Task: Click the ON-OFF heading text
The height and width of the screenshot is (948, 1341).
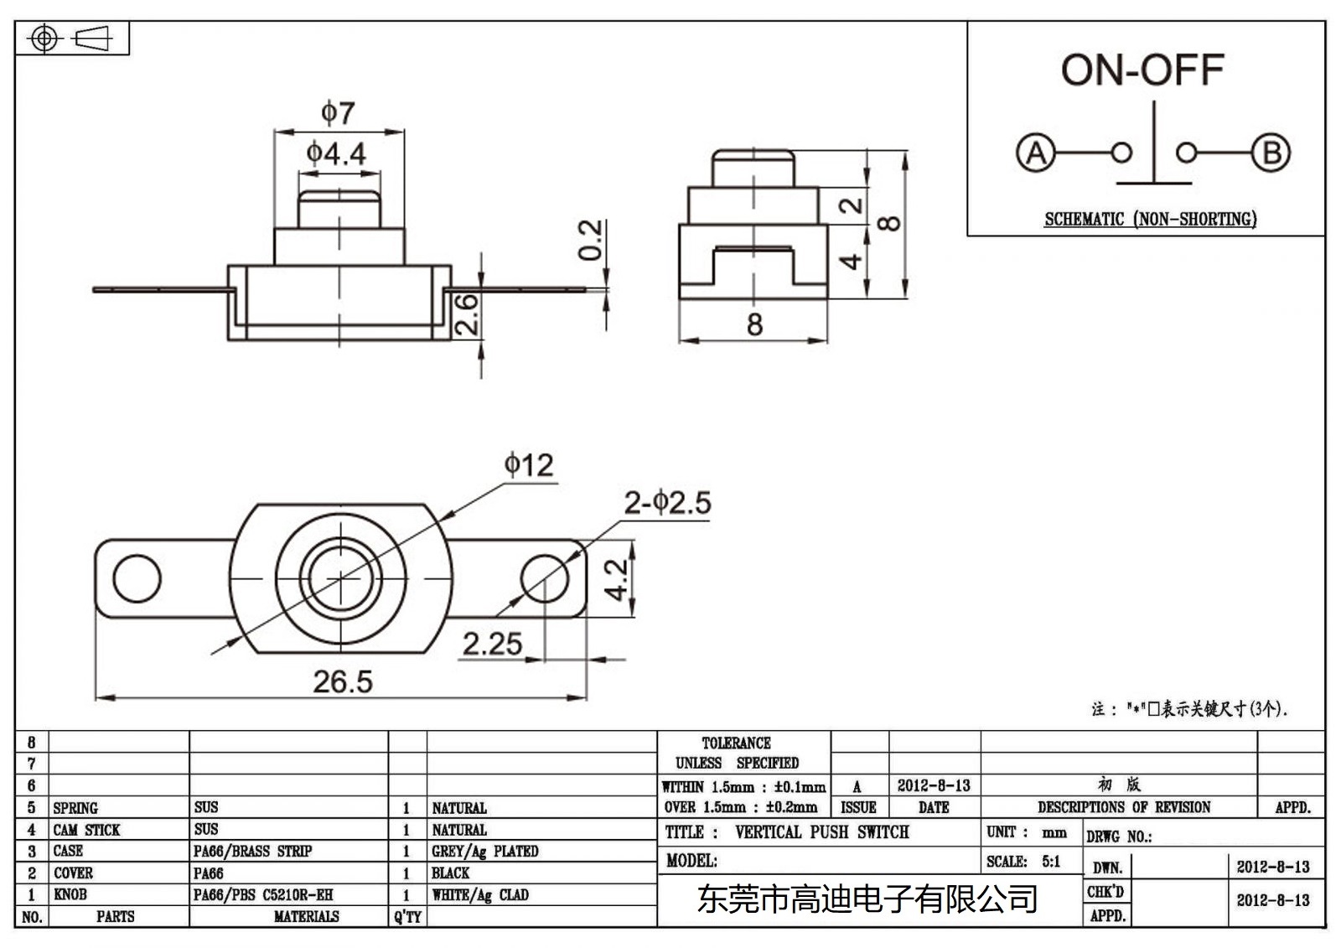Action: (1142, 70)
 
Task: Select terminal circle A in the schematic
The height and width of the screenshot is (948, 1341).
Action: (1036, 153)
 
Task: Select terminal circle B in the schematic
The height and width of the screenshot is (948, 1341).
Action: (1271, 153)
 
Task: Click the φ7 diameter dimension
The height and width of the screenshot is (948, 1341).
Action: (339, 112)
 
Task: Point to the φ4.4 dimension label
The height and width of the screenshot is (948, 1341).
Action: (336, 153)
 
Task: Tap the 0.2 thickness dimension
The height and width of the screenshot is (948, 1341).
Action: (591, 240)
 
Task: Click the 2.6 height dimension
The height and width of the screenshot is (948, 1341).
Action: (468, 313)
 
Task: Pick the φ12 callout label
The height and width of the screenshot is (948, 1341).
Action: (529, 465)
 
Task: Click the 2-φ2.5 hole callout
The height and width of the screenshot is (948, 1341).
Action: (667, 503)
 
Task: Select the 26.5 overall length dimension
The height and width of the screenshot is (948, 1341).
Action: (343, 681)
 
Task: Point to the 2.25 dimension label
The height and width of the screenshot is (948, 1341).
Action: (492, 644)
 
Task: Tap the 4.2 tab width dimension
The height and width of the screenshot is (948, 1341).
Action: (617, 580)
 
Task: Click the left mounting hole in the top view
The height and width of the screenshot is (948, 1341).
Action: (137, 578)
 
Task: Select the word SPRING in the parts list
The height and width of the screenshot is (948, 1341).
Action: (75, 808)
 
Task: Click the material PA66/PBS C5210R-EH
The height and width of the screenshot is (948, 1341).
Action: (263, 895)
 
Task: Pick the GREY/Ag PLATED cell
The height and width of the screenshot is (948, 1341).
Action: (484, 852)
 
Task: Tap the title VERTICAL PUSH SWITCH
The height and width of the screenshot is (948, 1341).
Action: (821, 832)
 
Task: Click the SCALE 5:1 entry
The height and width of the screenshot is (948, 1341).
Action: (1023, 862)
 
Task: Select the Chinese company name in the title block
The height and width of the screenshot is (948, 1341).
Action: (867, 899)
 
